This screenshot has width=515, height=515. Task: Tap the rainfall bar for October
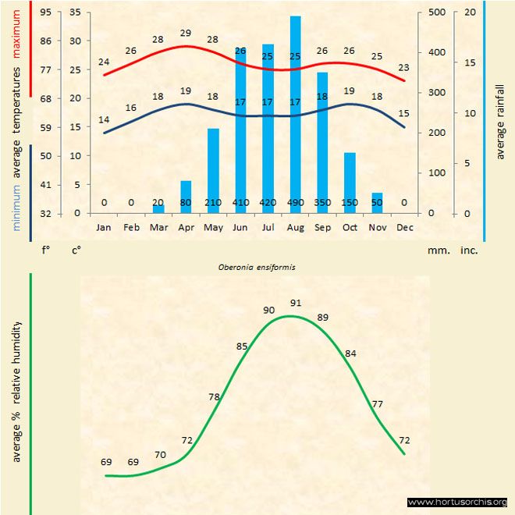[x=350, y=183]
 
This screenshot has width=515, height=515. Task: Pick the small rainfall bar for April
[x=186, y=197]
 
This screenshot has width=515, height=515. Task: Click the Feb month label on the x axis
[x=131, y=227]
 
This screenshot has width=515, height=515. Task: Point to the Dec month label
[x=404, y=227]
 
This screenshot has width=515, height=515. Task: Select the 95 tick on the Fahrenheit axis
[x=47, y=12]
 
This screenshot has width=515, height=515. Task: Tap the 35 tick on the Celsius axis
[x=75, y=12]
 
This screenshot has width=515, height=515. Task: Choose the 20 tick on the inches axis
[x=470, y=12]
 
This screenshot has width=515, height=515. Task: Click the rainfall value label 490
[x=295, y=203]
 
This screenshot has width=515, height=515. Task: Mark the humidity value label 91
[x=296, y=303]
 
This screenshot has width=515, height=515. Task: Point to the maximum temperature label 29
[x=186, y=34]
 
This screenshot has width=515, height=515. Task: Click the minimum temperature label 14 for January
[x=104, y=120]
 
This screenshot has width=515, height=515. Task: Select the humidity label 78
[x=215, y=397]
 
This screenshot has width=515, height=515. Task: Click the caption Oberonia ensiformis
[x=257, y=267]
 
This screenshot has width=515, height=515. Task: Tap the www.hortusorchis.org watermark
[x=457, y=502]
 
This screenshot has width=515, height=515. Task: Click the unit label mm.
[x=435, y=250]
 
